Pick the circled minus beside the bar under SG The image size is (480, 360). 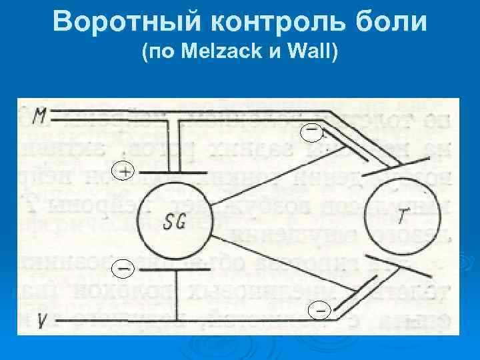(x=123, y=269)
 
